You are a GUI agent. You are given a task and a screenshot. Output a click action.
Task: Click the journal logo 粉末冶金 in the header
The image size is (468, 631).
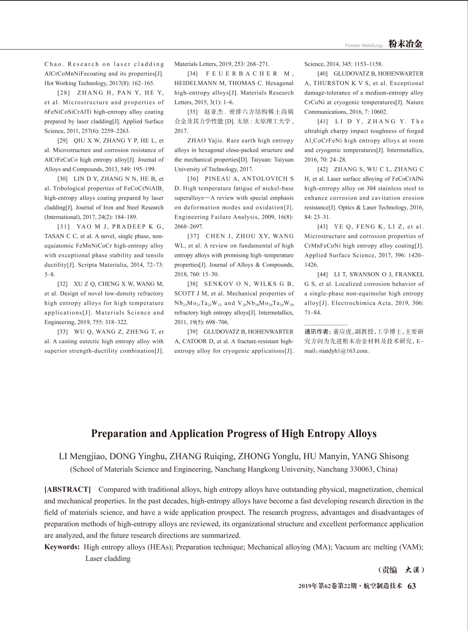pos(406,44)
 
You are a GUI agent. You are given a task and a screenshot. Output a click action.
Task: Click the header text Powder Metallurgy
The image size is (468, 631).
pos(364,45)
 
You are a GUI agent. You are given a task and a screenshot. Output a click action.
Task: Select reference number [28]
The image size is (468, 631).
pos(64,93)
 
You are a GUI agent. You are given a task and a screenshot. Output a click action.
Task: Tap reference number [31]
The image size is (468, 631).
pos(64,227)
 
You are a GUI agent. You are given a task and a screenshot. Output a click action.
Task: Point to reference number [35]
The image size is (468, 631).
pos(194,112)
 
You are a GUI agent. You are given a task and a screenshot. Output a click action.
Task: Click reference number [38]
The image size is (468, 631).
pos(194,284)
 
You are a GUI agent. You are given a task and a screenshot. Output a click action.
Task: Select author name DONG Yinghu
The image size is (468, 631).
pos(137,456)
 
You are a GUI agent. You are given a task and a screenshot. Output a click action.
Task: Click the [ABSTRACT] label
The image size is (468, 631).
pos(68,489)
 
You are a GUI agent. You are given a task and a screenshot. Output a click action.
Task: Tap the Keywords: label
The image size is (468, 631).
pos(62,547)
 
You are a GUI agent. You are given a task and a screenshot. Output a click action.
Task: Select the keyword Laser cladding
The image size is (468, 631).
pos(108,558)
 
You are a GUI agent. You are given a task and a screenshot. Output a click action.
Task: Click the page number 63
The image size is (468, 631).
pos(412,586)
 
